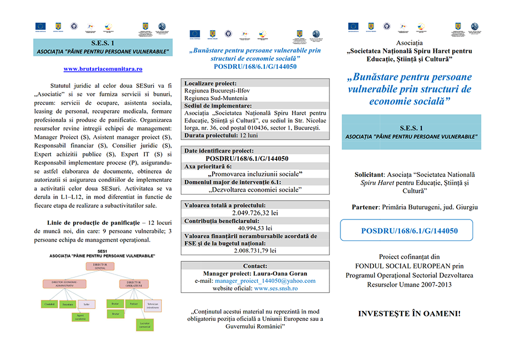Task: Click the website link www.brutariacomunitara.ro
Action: click(103, 69)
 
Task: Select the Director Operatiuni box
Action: click(134, 284)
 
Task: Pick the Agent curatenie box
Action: click(81, 317)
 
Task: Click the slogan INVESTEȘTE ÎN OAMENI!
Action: click(409, 314)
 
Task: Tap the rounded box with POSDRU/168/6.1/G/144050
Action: click(409, 230)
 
